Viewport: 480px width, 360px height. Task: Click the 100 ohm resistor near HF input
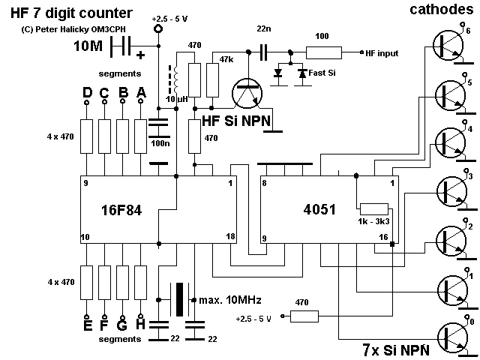322,52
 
